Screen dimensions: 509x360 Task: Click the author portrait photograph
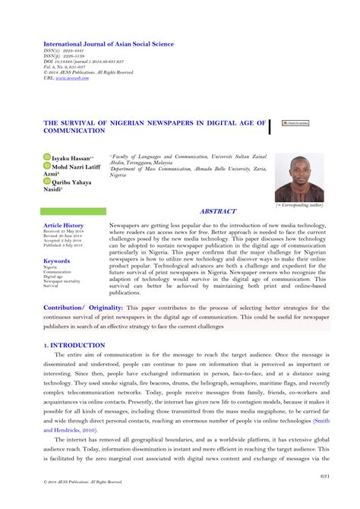click(299, 178)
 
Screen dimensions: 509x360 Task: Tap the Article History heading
click(64, 226)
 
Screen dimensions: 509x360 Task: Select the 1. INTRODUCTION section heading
click(74, 345)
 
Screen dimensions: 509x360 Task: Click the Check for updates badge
click(295, 122)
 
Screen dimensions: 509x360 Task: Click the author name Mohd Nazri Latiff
click(81, 165)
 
